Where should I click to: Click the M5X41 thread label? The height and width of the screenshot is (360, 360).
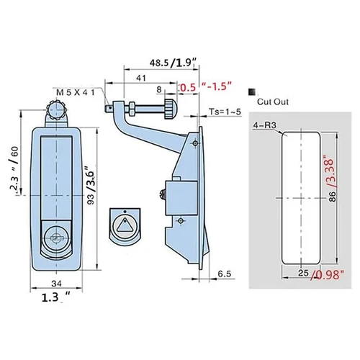click(x=76, y=92)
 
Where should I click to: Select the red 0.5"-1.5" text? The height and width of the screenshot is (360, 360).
click(x=206, y=86)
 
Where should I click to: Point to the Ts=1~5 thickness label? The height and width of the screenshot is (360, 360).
click(x=225, y=112)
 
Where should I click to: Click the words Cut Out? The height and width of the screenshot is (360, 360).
click(x=273, y=102)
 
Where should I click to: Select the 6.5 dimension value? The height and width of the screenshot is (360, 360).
click(x=225, y=274)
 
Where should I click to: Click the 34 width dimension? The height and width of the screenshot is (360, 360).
click(x=57, y=284)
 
